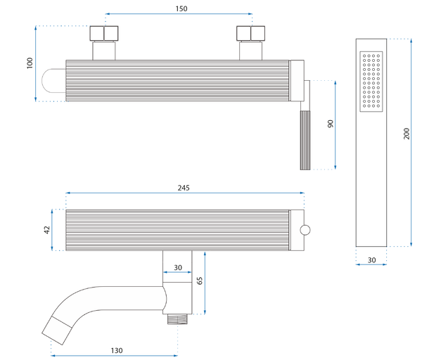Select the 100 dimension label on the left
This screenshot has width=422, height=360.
coord(30,63)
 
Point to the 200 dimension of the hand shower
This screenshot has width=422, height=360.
coord(406,134)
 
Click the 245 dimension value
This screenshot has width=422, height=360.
coord(184,188)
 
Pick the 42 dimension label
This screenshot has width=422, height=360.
coord(47,229)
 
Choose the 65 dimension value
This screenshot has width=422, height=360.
coord(200,281)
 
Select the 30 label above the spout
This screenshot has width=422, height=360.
coord(177,267)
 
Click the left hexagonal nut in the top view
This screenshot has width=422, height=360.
coord(104,34)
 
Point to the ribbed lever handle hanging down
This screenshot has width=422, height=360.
coord(305,141)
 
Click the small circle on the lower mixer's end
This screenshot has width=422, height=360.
coord(305,229)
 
